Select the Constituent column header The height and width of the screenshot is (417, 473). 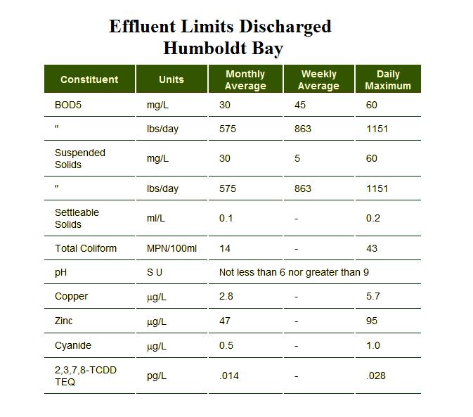click(89, 79)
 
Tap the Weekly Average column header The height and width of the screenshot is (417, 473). click(318, 79)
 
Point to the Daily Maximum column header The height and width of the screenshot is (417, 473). click(388, 79)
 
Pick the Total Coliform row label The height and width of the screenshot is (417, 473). click(86, 248)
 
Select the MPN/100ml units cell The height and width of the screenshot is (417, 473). click(172, 248)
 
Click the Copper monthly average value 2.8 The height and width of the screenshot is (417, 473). click(226, 296)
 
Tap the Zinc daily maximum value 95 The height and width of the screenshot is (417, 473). click(372, 321)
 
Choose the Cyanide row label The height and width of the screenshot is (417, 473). click(73, 345)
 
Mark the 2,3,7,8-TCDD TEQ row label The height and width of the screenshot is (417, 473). click(85, 376)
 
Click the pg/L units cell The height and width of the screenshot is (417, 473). click(157, 376)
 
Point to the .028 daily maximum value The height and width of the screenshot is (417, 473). click(376, 376)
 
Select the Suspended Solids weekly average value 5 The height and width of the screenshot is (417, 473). click(297, 158)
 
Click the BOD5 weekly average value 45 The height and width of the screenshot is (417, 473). click(301, 105)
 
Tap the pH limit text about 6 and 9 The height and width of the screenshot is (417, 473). click(294, 272)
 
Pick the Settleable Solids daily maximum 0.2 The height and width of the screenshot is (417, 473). click(373, 218)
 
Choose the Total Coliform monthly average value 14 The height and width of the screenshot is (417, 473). click(225, 248)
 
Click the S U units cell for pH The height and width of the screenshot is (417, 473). click(155, 272)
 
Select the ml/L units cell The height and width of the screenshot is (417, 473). click(156, 218)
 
